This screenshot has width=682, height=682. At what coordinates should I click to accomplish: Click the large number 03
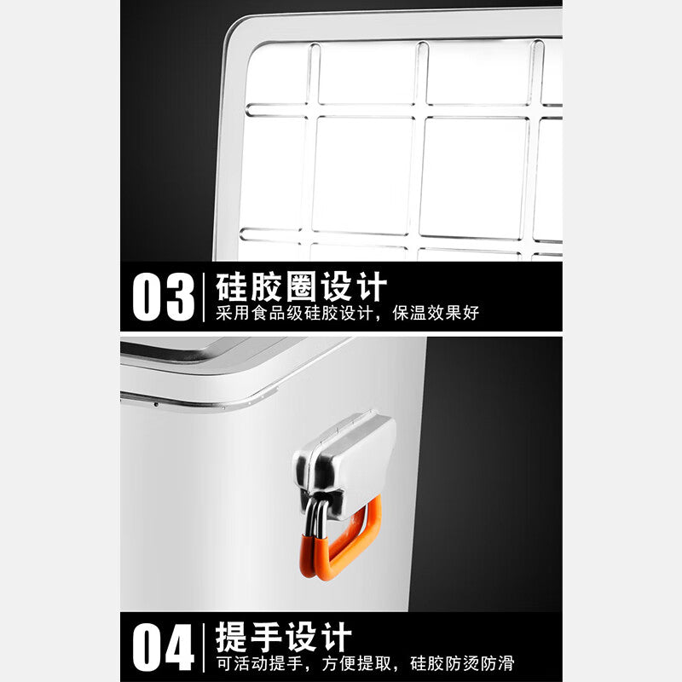click(x=163, y=298)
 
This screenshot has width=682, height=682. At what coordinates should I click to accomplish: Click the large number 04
click(x=163, y=647)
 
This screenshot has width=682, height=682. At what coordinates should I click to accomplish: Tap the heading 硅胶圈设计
click(x=301, y=286)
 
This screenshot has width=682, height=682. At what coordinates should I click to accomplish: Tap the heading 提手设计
click(x=284, y=636)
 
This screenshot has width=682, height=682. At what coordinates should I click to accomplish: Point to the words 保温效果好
click(x=436, y=313)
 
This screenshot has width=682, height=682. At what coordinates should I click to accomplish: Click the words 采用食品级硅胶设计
click(x=294, y=313)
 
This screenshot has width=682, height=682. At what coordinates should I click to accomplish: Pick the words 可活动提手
click(x=260, y=663)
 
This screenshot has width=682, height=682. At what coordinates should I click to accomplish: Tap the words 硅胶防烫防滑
click(x=462, y=663)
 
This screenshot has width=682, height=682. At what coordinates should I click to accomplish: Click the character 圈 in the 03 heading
click(x=301, y=286)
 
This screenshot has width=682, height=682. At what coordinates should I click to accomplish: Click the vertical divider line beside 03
click(x=204, y=298)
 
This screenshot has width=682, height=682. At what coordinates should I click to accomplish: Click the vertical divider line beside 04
click(x=204, y=648)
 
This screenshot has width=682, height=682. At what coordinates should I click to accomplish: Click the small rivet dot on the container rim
click(x=156, y=404)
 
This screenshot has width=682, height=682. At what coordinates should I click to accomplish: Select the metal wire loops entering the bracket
click(x=316, y=518)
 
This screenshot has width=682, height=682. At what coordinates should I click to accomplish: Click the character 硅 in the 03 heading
click(x=231, y=286)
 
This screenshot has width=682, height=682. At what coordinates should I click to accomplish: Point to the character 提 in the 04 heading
click(x=231, y=636)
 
